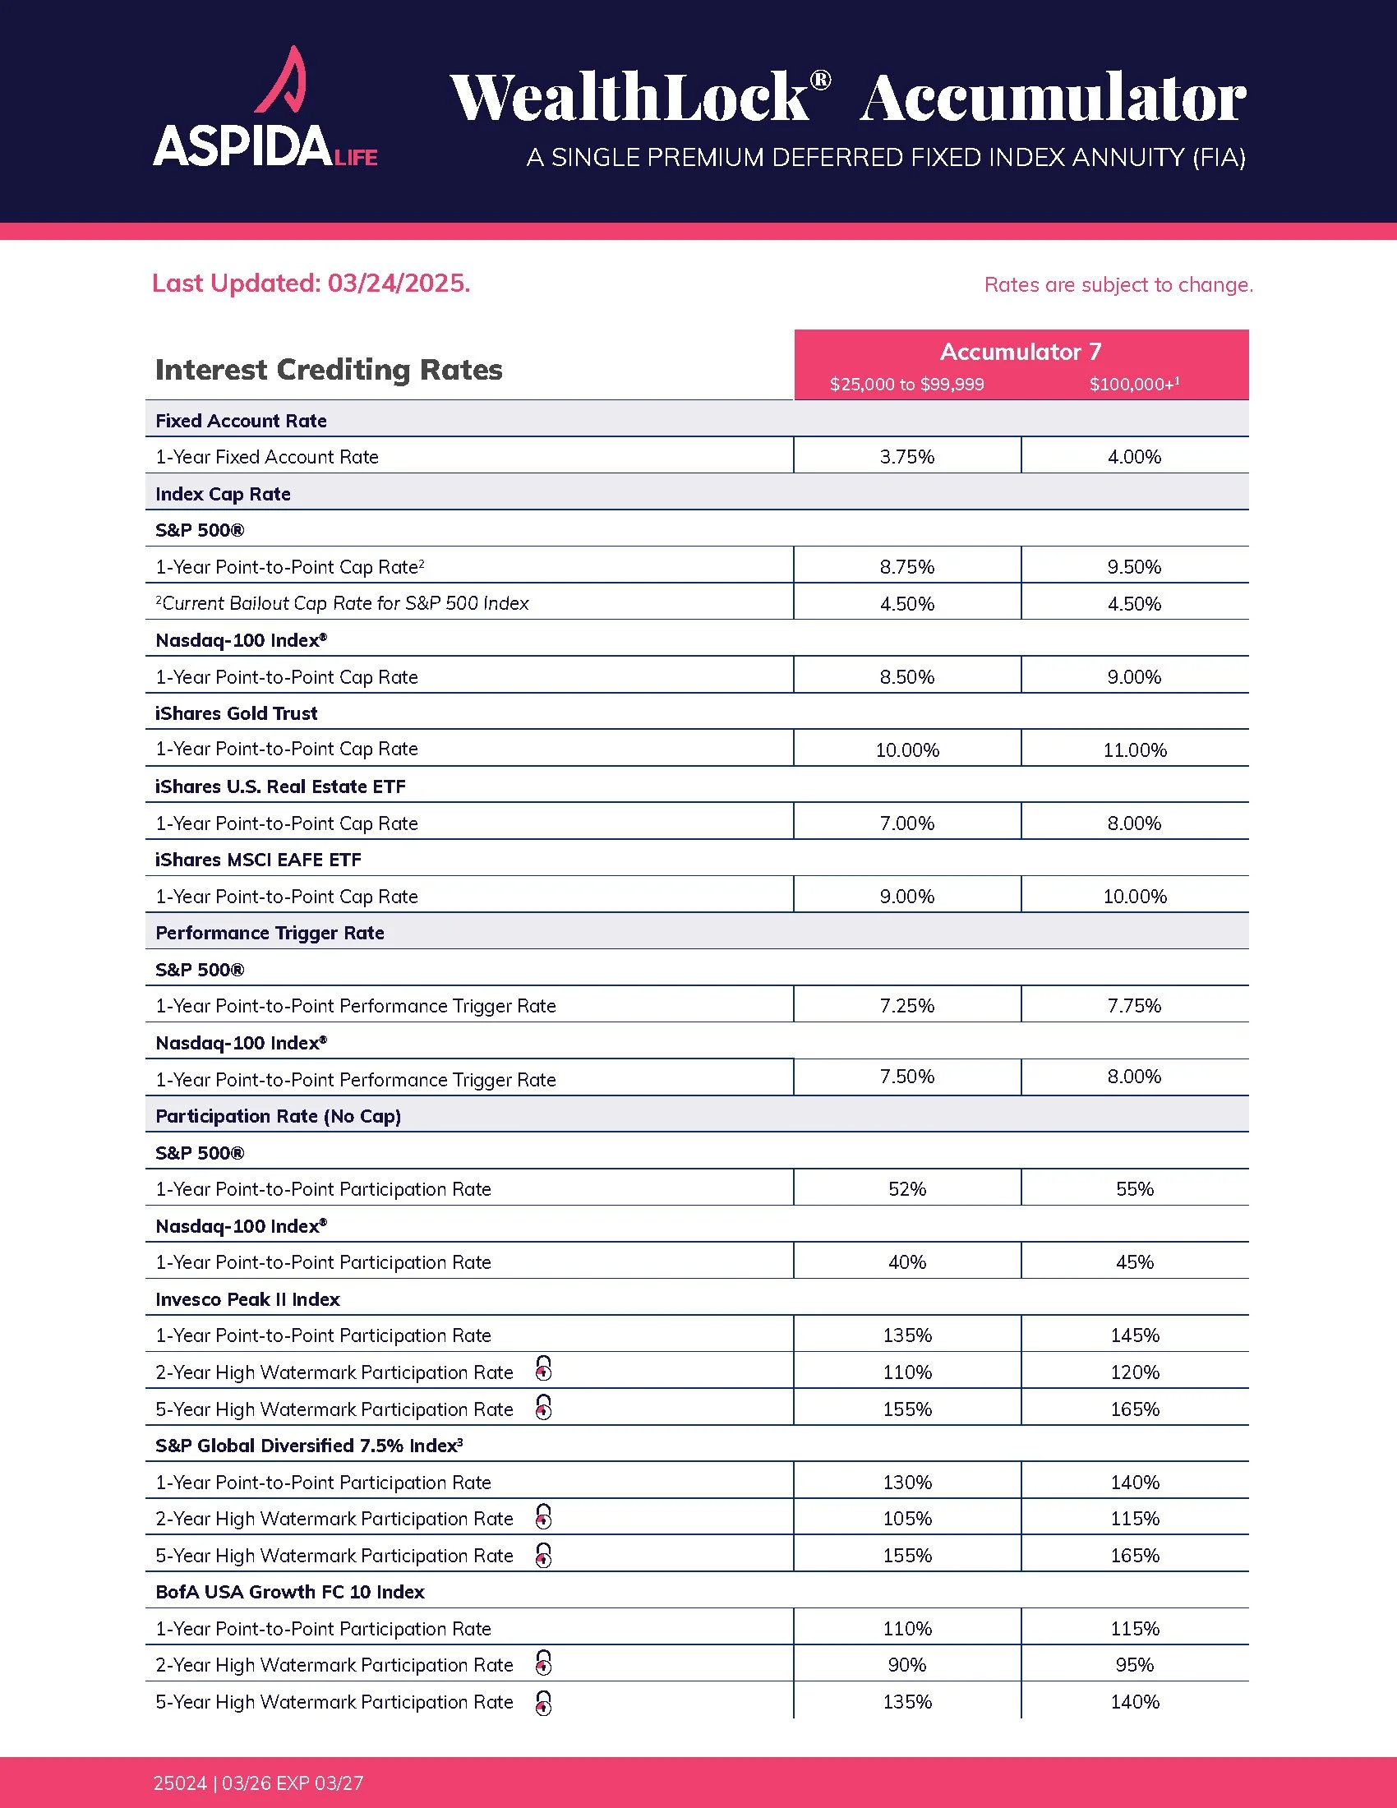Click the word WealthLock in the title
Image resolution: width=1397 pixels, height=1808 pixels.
click(629, 98)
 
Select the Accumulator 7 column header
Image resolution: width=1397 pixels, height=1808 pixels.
click(1021, 352)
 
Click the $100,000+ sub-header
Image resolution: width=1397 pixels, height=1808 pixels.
click(1133, 384)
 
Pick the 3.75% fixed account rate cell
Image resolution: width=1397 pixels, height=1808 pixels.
click(907, 457)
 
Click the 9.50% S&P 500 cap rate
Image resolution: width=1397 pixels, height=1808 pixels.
click(1134, 567)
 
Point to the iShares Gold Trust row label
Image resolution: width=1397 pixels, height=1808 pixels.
click(237, 713)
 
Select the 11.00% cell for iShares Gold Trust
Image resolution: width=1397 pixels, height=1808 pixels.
click(1134, 750)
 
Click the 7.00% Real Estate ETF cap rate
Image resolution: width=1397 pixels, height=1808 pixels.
click(907, 823)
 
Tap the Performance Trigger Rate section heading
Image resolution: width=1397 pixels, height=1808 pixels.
click(270, 933)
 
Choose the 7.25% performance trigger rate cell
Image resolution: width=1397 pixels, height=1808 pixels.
click(907, 1006)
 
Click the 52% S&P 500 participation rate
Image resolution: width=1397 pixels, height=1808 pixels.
click(907, 1190)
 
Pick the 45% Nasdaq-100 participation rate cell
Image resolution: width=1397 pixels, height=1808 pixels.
click(1134, 1262)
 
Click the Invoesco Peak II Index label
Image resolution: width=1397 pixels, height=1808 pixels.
click(247, 1300)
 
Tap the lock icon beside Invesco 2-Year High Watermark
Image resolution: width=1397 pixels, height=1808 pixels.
click(544, 1369)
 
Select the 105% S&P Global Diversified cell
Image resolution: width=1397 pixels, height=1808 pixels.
click(907, 1519)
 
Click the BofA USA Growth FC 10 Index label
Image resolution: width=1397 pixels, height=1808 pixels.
click(289, 1592)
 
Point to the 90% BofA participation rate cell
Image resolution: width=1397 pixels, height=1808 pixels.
click(907, 1665)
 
